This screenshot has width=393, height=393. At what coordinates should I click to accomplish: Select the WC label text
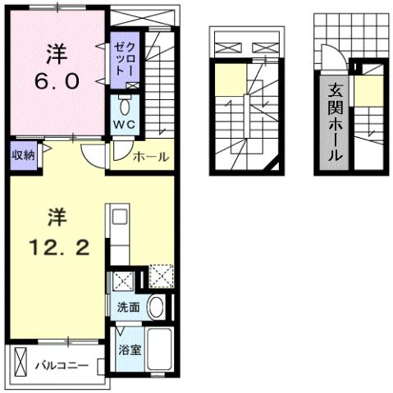[x=124, y=125]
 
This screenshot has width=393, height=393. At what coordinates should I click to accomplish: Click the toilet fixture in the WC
[x=125, y=107]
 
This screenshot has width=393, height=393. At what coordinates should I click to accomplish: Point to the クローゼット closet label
[x=121, y=55]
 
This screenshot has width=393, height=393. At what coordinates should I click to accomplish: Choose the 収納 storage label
[x=23, y=155]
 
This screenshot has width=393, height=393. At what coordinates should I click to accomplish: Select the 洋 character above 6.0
[x=55, y=52]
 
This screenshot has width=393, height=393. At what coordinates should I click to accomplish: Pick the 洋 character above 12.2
[x=56, y=217]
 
